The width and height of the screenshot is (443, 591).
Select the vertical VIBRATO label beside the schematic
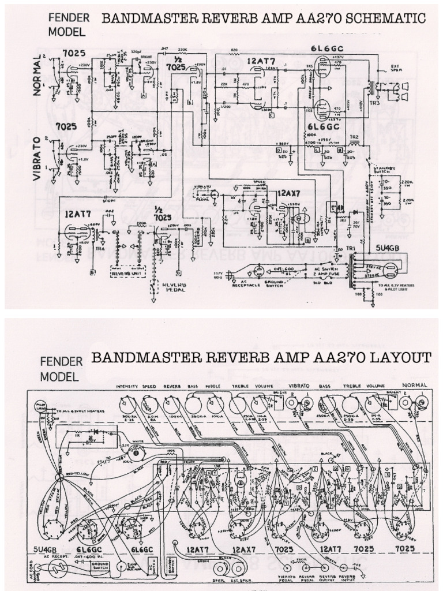(x=37, y=159)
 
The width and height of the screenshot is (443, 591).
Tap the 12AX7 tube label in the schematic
(x=290, y=192)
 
